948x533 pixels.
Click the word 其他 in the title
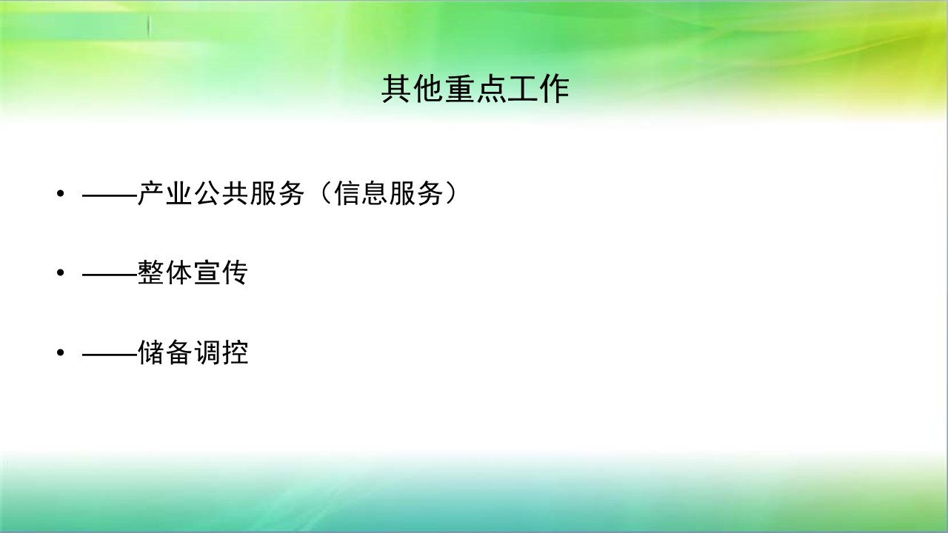click(413, 89)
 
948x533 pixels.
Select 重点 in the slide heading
click(475, 89)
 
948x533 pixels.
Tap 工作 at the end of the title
click(538, 89)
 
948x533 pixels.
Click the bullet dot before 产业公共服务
click(61, 194)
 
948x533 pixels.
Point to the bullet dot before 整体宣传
click(61, 273)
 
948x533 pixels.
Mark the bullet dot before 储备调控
click(61, 352)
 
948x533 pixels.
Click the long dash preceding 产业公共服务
click(110, 195)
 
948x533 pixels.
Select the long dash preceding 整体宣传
click(110, 275)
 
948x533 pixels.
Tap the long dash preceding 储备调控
click(110, 354)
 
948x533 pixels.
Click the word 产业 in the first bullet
click(165, 194)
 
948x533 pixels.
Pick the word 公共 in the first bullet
click(221, 194)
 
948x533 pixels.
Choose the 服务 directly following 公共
click(277, 194)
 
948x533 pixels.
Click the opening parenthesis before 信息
click(325, 194)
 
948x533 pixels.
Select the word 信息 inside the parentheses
click(361, 194)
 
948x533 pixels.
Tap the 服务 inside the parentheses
click(416, 194)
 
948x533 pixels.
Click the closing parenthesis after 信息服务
click(451, 194)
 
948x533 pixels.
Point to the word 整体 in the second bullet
click(165, 273)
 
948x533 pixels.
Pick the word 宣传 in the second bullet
click(221, 273)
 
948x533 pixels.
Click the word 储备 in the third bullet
click(165, 352)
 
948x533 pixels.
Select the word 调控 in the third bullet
click(221, 352)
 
